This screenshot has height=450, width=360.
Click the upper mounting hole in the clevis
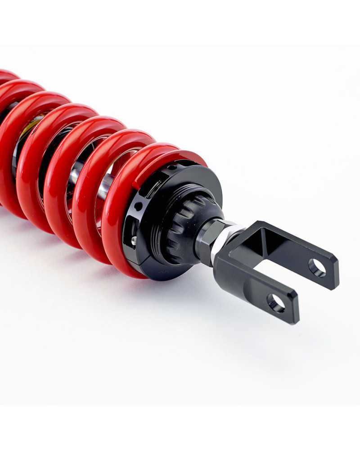[x=317, y=267]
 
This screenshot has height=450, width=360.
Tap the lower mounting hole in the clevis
[x=276, y=303]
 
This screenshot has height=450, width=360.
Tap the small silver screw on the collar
[x=134, y=241]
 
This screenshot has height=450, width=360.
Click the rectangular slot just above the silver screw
[x=130, y=225]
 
